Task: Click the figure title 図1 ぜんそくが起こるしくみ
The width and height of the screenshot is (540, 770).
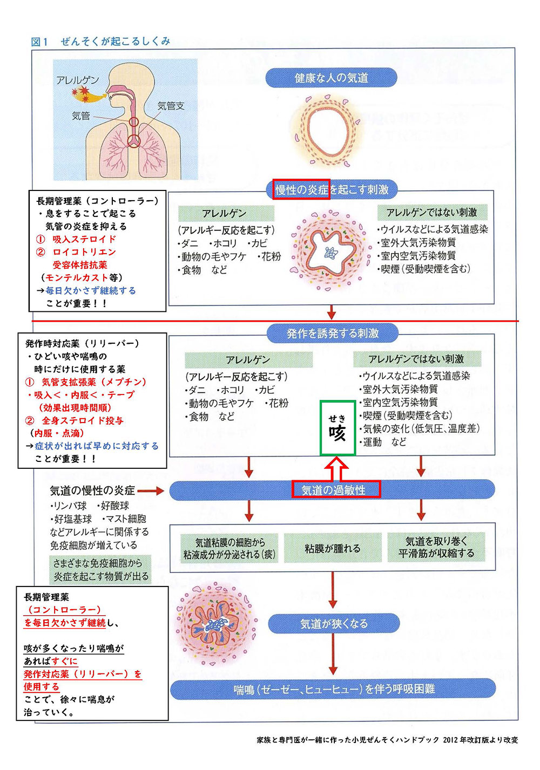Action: pos(101,42)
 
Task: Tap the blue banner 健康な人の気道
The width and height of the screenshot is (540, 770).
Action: pos(331,78)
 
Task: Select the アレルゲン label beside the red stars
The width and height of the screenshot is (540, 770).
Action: pos(77,80)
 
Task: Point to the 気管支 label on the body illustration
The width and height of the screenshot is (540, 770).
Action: pos(171,106)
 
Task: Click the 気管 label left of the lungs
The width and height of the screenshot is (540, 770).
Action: pos(81,115)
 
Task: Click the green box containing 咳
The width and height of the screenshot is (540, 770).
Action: pos(337,428)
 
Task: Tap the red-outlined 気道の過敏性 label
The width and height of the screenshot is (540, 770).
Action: pos(336,490)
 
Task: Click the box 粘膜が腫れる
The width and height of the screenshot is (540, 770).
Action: pos(332,548)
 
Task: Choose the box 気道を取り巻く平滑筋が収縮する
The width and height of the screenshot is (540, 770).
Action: pos(436,547)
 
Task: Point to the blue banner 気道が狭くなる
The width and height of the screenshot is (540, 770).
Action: pos(334,623)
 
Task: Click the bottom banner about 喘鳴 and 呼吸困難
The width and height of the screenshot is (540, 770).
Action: pos(333,689)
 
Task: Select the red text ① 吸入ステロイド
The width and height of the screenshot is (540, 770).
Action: pos(76,239)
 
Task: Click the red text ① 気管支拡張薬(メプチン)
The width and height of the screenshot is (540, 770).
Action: pos(86,382)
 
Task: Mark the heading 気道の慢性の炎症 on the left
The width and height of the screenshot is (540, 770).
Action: pos(92,490)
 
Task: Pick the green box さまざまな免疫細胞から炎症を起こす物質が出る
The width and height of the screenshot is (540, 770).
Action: pos(101,570)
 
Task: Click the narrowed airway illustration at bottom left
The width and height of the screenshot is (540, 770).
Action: pos(216,624)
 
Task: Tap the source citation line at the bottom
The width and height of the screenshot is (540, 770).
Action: pos(387,740)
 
